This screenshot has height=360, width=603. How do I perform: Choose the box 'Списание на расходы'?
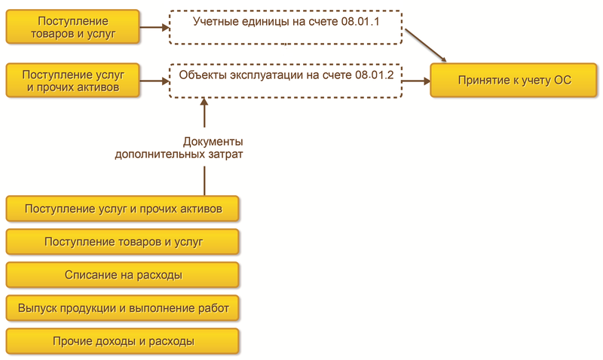pos(123,275)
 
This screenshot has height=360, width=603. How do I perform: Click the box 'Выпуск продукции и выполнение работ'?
pos(123,308)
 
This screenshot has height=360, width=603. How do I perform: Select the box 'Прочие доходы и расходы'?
pos(123,341)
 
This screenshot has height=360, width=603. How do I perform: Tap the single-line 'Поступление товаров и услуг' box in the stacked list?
pos(123,242)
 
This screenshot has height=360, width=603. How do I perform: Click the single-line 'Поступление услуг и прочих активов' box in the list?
pos(123,209)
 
